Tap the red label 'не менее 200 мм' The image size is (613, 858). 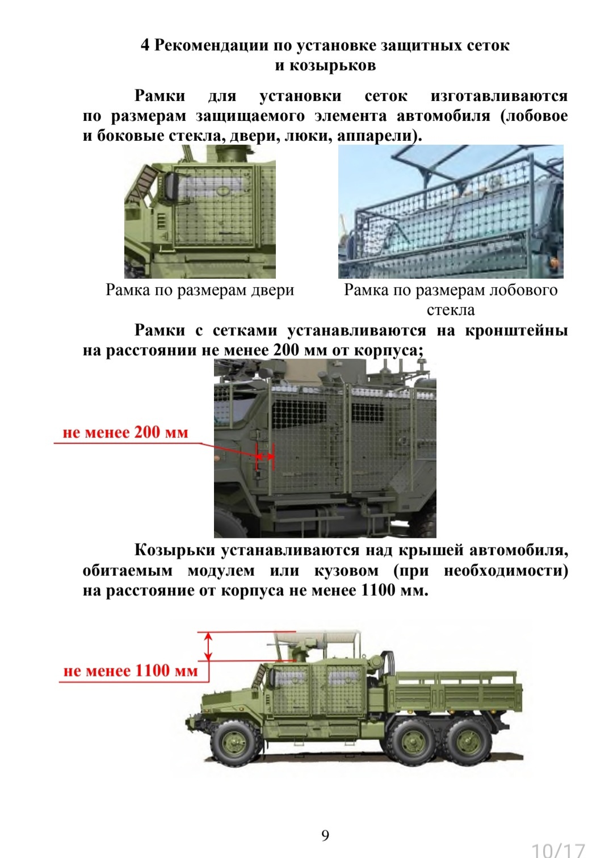[125, 433]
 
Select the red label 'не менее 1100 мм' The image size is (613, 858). [131, 671]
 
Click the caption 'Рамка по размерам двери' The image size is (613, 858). [200, 290]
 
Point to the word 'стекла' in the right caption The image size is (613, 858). [451, 310]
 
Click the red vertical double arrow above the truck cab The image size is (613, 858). [208, 646]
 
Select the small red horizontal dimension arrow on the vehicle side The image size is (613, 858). [265, 456]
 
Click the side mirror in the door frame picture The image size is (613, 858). [169, 187]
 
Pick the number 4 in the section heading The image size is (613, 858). [145, 45]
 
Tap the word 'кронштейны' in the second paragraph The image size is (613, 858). [517, 330]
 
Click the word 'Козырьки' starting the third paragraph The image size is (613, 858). [175, 550]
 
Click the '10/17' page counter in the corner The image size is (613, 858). [559, 851]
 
